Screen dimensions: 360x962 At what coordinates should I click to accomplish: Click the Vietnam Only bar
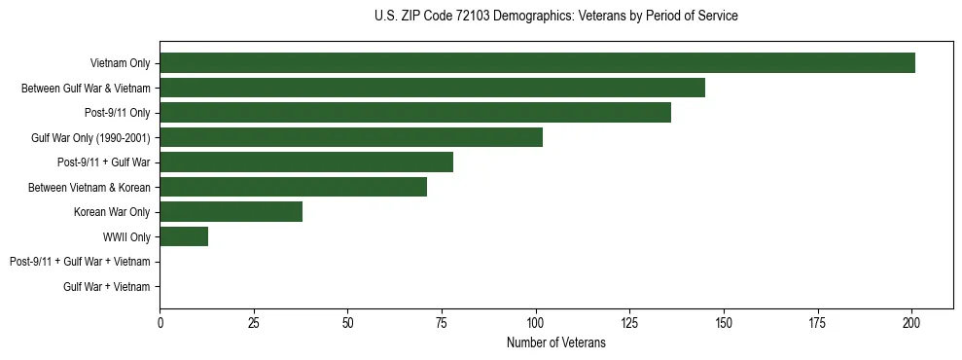(x=537, y=63)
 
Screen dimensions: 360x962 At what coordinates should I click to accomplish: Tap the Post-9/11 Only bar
(x=415, y=113)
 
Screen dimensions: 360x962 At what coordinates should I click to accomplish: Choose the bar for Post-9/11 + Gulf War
(x=306, y=162)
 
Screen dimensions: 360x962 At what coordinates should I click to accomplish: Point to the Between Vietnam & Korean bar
(x=293, y=187)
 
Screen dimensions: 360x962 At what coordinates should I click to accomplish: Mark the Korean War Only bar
(x=231, y=212)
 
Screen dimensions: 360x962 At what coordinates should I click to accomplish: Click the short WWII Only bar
(x=184, y=236)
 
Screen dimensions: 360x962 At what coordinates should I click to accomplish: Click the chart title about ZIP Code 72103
(x=555, y=17)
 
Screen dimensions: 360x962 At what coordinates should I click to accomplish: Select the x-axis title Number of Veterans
(x=555, y=342)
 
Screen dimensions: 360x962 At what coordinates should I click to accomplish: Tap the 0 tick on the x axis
(x=160, y=322)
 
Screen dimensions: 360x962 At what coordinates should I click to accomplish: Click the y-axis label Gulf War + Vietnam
(x=107, y=287)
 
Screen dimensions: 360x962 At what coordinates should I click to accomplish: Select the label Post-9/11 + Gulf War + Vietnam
(x=80, y=262)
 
